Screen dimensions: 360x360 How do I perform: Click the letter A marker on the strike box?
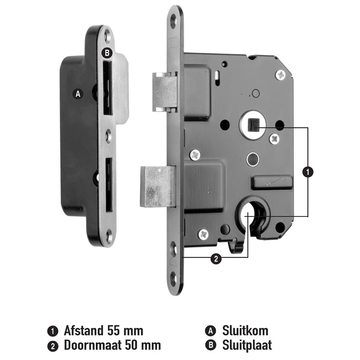point(78,94)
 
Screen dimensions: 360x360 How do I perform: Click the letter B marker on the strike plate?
point(107,53)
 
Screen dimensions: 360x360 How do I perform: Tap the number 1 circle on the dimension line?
point(308,172)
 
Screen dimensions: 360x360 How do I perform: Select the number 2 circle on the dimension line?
point(216,259)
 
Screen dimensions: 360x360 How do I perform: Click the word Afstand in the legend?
point(84,331)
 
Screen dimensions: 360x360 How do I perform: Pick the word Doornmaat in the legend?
point(93,345)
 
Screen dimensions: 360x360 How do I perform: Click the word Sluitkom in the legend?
point(245,331)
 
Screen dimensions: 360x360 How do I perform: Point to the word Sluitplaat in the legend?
point(247,345)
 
